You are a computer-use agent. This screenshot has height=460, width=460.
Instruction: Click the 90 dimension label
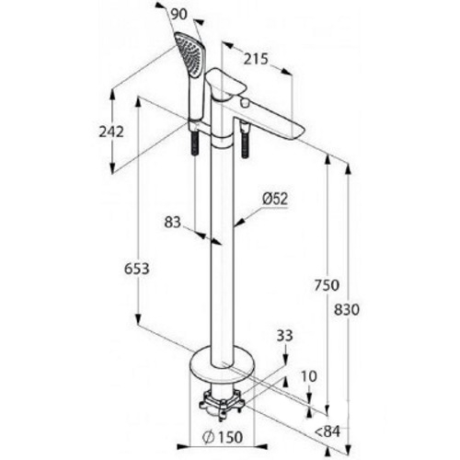pos(178,14)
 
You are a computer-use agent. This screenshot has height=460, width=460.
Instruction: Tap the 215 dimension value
pos(256,59)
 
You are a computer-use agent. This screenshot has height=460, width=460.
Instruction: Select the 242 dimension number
pos(111,132)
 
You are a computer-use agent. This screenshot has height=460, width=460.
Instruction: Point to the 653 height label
pos(137,269)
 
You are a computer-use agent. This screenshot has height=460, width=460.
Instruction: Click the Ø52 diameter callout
pos(275,199)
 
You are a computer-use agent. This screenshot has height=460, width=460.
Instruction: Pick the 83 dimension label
pos(173,222)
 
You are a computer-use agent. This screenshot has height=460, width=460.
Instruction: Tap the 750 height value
pos(327,285)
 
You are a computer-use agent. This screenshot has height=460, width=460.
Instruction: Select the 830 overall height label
pos(346,310)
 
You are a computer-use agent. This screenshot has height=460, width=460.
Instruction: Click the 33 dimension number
pos(285,336)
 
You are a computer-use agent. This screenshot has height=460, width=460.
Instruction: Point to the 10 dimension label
pos(308,376)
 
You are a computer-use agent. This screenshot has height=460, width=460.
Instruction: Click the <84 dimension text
pos(328,432)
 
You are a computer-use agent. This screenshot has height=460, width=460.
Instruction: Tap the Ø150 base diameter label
pos(223,437)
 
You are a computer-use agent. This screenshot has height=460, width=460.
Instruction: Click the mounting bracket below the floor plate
pos(222,402)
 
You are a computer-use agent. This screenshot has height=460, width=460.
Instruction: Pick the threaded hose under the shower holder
pos(195,144)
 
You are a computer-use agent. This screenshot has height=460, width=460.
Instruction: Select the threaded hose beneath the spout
pos(245,141)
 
